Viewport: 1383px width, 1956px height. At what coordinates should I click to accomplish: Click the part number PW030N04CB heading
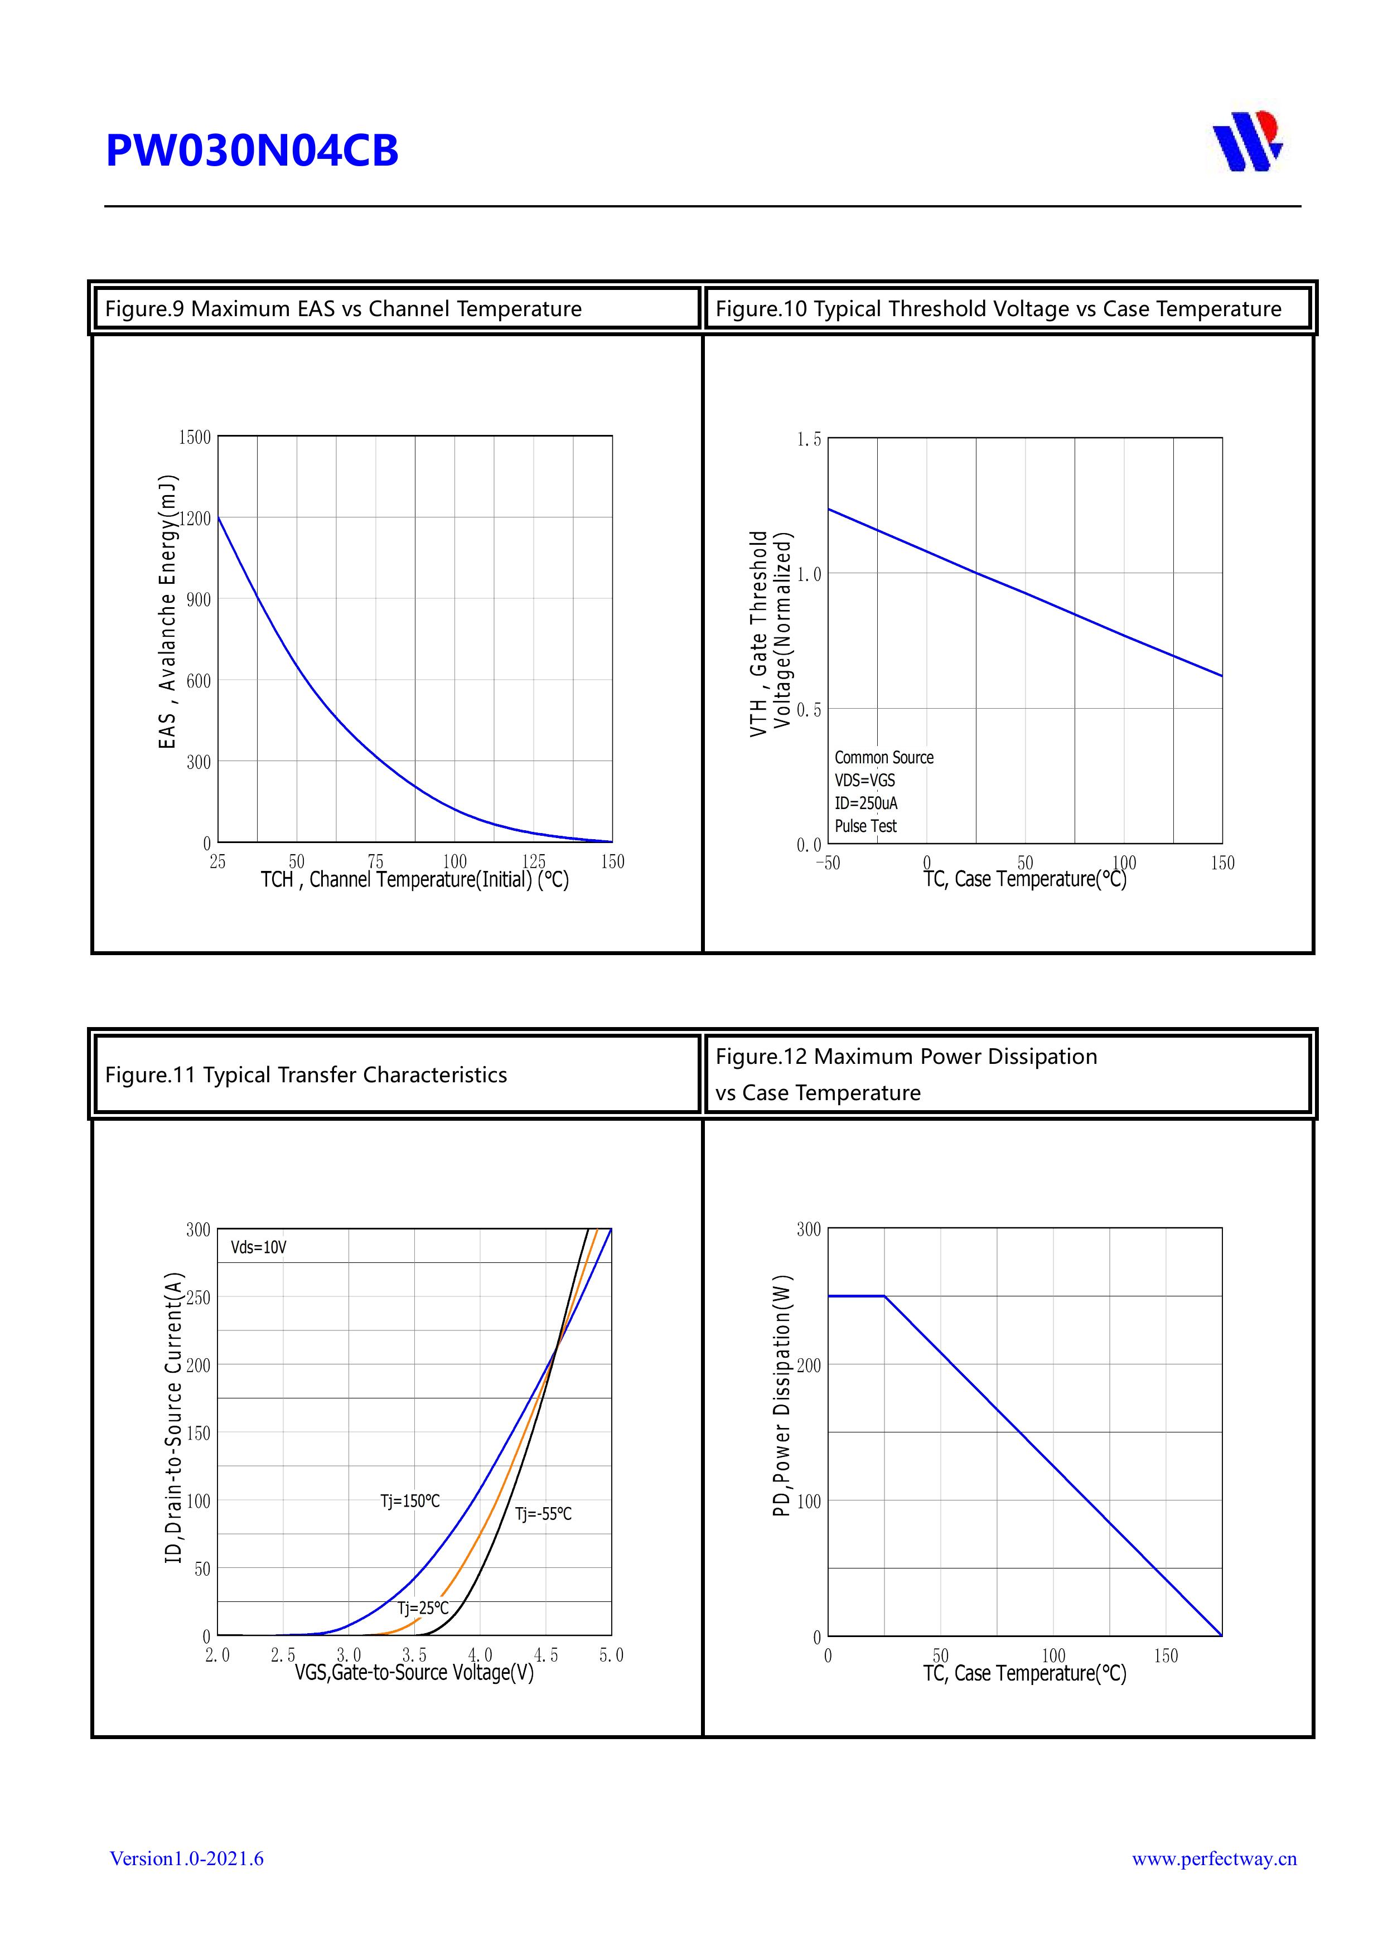pyautogui.click(x=252, y=151)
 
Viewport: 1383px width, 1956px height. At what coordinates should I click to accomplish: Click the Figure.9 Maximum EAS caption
pyautogui.click(x=342, y=308)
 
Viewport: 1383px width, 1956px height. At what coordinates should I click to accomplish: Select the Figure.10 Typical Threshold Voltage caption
pyautogui.click(x=998, y=308)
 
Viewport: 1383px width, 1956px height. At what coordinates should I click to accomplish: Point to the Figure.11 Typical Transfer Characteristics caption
pyautogui.click(x=306, y=1074)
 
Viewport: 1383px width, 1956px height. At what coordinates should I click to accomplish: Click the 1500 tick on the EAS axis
pyautogui.click(x=194, y=437)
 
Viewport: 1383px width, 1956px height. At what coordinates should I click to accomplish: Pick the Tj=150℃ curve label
pyautogui.click(x=410, y=1500)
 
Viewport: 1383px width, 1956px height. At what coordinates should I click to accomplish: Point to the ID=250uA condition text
pyautogui.click(x=865, y=802)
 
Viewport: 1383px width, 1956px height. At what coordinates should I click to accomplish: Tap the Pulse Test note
pyautogui.click(x=865, y=826)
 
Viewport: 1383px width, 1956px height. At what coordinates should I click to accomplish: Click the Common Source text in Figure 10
pyautogui.click(x=884, y=757)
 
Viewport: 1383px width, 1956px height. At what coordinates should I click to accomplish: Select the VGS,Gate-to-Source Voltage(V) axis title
pyautogui.click(x=414, y=1672)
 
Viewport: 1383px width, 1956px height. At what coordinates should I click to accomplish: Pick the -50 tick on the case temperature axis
pyautogui.click(x=828, y=863)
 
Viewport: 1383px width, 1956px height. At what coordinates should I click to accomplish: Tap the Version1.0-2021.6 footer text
pyautogui.click(x=187, y=1858)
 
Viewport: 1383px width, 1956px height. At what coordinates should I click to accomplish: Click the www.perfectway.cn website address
pyautogui.click(x=1213, y=1858)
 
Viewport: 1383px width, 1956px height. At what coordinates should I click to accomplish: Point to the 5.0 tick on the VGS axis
pyautogui.click(x=611, y=1654)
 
